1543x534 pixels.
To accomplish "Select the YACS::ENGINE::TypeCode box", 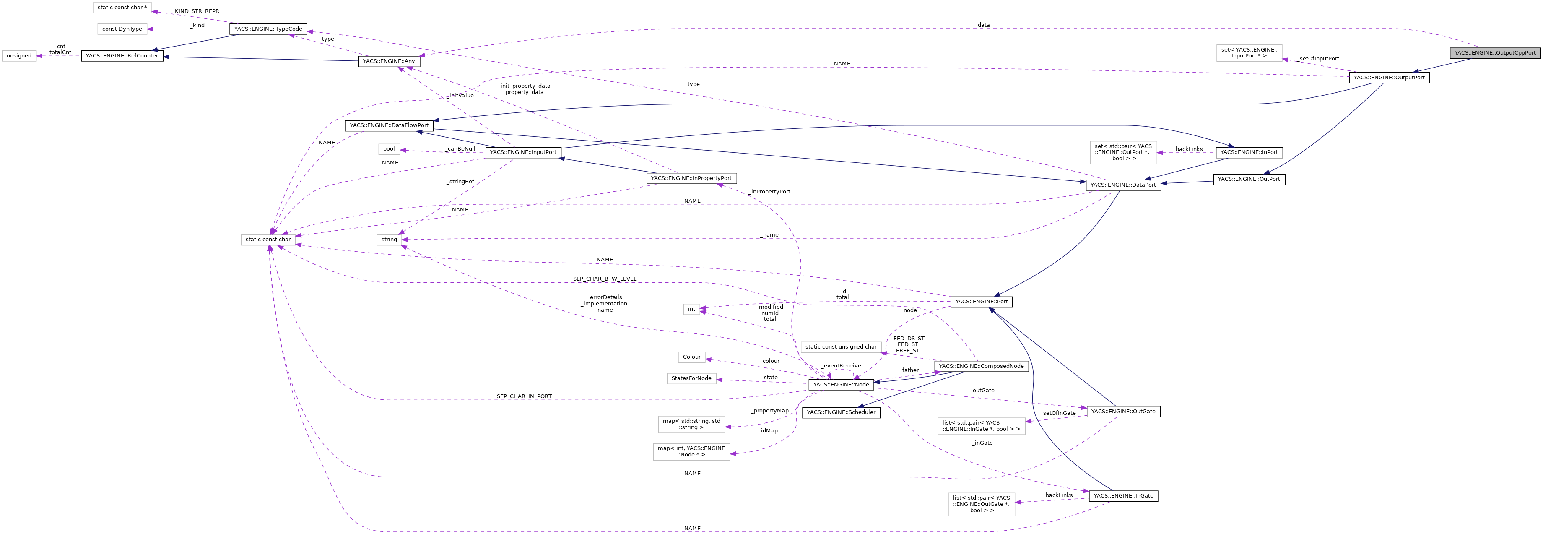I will (x=268, y=29).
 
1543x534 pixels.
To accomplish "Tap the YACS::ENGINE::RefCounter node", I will (x=122, y=56).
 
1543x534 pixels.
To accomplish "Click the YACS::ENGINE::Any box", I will (x=389, y=61).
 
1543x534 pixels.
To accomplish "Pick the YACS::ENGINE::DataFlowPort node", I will (x=389, y=126).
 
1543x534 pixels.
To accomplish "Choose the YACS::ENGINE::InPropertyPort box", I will (x=691, y=178).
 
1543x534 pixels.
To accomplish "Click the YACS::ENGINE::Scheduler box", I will (x=841, y=412).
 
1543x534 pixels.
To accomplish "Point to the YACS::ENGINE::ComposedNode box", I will (x=981, y=366).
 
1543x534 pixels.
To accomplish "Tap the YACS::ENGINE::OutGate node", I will (x=1123, y=411).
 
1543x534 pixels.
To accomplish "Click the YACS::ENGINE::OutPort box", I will (x=1249, y=179).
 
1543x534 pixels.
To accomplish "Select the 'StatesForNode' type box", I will (x=691, y=379).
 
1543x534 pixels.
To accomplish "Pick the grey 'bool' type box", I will (x=389, y=148).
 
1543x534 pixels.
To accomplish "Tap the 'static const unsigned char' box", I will (x=840, y=347).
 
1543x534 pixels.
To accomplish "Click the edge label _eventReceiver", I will (x=842, y=366).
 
